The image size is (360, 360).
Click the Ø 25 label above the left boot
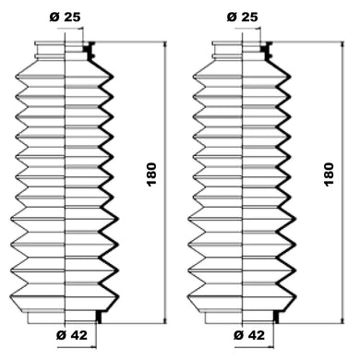tap(65, 17)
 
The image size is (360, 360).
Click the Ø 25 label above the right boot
tap(243, 17)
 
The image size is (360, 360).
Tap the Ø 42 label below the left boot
tap(72, 335)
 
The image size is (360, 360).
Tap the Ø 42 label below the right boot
tap(249, 335)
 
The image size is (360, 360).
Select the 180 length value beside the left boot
tap(151, 174)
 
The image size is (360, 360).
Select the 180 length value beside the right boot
tap(329, 174)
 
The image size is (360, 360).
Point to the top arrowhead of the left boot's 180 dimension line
tap(165, 44)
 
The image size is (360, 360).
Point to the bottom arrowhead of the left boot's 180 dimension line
tap(165, 320)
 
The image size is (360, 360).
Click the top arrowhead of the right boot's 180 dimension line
tap(342, 44)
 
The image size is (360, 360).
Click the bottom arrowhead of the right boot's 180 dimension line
tap(342, 320)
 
